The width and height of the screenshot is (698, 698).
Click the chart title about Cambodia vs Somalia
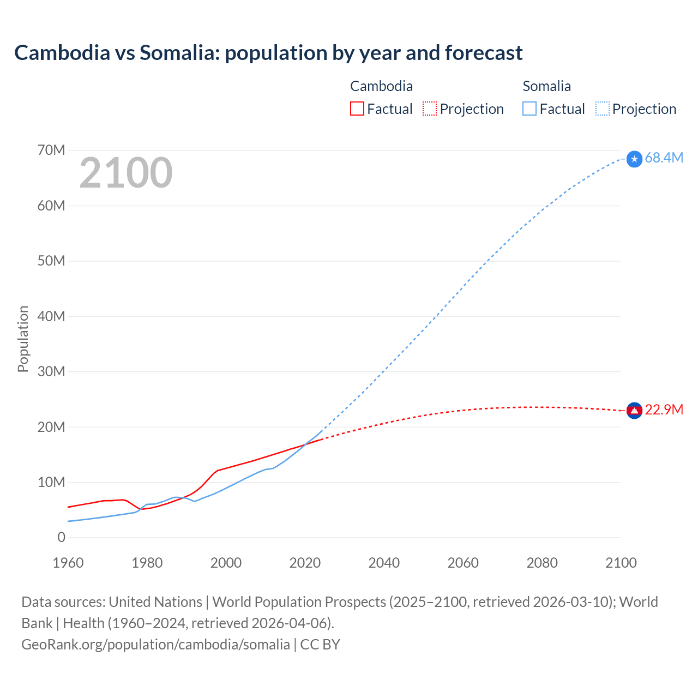[x=268, y=53]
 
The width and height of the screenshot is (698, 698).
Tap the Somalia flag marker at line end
[x=634, y=159]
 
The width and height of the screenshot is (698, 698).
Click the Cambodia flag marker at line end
[x=634, y=411]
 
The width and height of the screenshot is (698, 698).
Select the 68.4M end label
[x=664, y=158]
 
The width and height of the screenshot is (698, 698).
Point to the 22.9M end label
[x=664, y=410]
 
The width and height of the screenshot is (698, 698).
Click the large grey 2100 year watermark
[x=126, y=173]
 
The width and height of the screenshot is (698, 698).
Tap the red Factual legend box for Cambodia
[x=357, y=109]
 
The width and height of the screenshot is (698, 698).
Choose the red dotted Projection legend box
[x=430, y=109]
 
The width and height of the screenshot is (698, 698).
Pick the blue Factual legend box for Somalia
[x=529, y=109]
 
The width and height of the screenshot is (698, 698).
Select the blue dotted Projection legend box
[x=603, y=109]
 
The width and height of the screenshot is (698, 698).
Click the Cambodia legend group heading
[x=381, y=86]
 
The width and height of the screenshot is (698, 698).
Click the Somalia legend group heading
[x=546, y=86]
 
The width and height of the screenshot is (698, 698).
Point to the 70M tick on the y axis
[x=51, y=150]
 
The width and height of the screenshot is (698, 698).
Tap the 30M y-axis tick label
[x=51, y=371]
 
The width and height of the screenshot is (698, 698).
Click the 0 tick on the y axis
[x=61, y=537]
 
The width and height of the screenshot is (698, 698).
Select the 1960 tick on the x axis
[x=68, y=563]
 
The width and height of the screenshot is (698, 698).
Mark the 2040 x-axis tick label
[x=384, y=563]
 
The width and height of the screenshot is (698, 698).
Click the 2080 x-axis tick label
[x=542, y=563]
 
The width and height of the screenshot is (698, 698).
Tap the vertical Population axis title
[x=23, y=339]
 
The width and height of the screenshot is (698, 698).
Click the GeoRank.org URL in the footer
[x=155, y=645]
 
